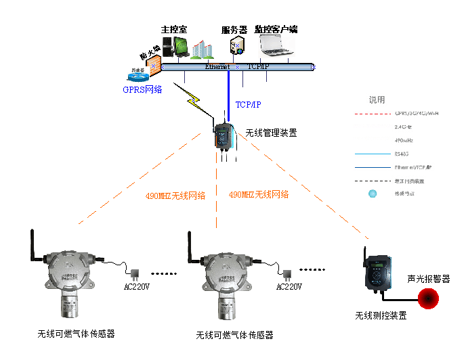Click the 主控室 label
click(173, 30)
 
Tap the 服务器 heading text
click(234, 30)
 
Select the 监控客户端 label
click(276, 30)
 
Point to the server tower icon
click(236, 47)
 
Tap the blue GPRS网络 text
click(142, 89)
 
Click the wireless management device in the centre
click(224, 135)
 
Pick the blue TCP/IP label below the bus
click(247, 105)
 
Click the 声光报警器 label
click(428, 279)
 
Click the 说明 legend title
click(377, 99)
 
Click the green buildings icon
click(201, 48)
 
